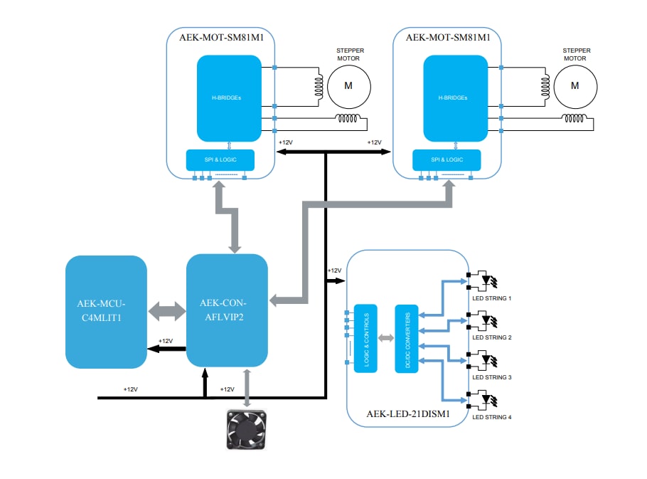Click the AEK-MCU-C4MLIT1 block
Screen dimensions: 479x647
[x=106, y=311]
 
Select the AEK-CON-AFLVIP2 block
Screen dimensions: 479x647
[x=227, y=310]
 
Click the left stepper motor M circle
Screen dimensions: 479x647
[x=348, y=85]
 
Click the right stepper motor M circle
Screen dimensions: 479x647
[x=575, y=85]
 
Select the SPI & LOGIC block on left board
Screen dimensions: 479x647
[x=220, y=159]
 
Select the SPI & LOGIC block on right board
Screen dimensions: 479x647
[x=447, y=159]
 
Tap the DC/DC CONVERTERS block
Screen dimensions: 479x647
[x=407, y=338]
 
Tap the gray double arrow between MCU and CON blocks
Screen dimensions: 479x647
[x=166, y=312]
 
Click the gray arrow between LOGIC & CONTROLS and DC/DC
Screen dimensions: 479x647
[x=385, y=338]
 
